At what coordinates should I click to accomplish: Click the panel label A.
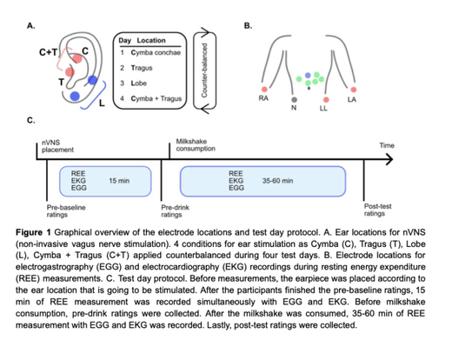coord(32,26)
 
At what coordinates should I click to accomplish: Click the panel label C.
coord(32,119)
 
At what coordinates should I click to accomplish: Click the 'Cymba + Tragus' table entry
coord(156,98)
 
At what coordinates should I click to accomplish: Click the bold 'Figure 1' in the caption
coord(44,235)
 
